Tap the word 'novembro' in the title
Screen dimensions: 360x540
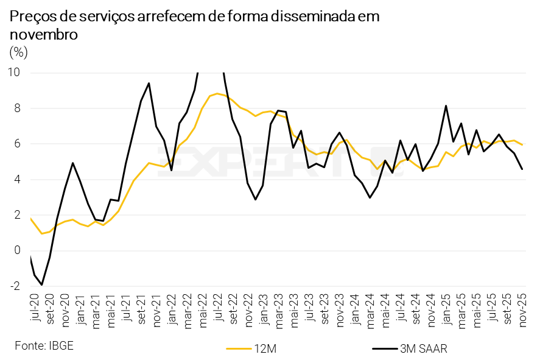[x=43, y=35]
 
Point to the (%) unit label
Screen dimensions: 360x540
[x=18, y=52]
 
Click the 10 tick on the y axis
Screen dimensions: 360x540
[x=13, y=72]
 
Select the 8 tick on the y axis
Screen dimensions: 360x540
[x=17, y=108]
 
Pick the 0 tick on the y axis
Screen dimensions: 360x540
[x=17, y=250]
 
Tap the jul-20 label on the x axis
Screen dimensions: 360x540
[x=34, y=307]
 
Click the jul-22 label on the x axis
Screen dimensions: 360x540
[x=217, y=307]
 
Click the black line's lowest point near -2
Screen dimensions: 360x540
[x=42, y=284]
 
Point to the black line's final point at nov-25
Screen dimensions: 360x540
[x=522, y=169]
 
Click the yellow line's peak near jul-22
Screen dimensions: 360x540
[x=217, y=93]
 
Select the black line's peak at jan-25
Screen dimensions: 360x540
[x=446, y=106]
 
